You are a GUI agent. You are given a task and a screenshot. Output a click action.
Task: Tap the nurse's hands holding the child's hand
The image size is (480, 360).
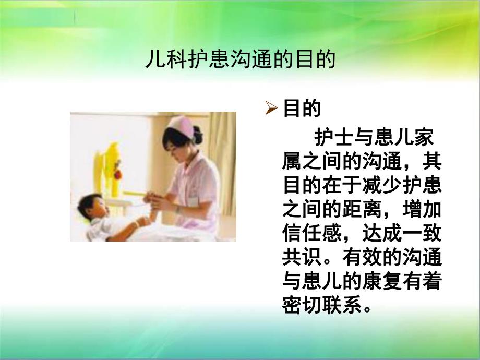(152, 199)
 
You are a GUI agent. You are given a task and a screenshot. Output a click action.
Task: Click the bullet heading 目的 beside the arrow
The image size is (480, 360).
(301, 109)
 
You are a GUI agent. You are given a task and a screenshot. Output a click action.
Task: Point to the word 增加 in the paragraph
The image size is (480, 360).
(423, 210)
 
